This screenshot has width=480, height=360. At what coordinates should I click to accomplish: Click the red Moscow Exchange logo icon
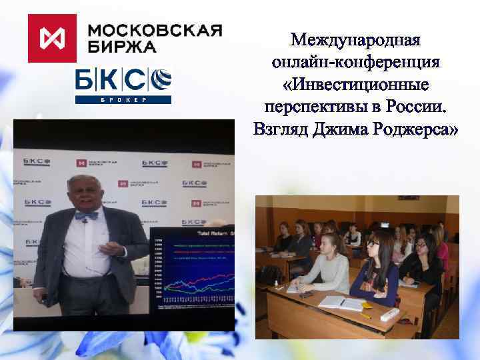[x=53, y=38]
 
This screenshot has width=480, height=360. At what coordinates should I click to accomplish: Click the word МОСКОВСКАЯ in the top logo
[x=155, y=31]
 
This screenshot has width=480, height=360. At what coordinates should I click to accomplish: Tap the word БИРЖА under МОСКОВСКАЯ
[x=123, y=47]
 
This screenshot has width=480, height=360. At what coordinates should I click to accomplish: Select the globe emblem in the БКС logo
[x=161, y=80]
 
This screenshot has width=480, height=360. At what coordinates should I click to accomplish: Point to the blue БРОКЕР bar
[x=123, y=99]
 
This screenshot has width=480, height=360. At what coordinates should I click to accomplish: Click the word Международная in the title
[x=355, y=40]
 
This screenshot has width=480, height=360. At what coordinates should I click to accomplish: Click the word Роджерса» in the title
[x=415, y=129]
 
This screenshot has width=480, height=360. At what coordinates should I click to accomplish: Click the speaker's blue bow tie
[x=86, y=216]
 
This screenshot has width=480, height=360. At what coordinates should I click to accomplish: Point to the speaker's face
[x=85, y=194]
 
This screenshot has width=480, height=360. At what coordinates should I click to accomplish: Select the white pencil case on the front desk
[x=389, y=314]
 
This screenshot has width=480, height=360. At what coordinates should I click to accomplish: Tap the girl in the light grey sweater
[x=327, y=267]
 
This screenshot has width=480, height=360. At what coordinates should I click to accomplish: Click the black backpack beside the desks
[x=270, y=273]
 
